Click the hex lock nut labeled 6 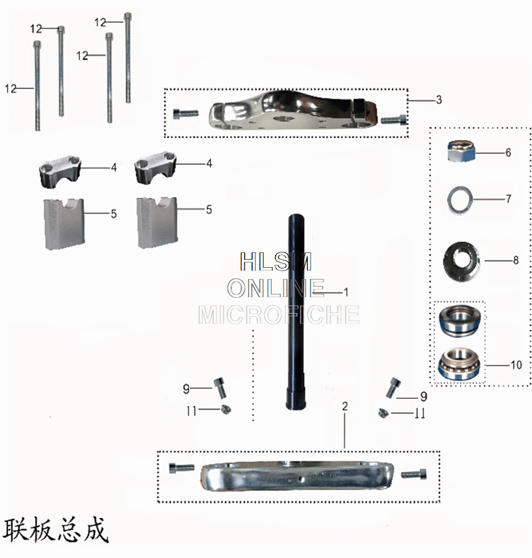pos(459,152)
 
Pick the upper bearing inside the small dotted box pos(460,322)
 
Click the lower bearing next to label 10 pos(460,364)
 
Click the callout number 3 pos(438,100)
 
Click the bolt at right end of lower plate pos(413,473)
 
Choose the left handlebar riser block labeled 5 pos(63,224)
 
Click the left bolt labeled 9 pos(220,387)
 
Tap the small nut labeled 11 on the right pos(383,413)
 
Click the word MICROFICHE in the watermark pos(278,315)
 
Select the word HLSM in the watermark pos(275,262)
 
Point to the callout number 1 pos(345,292)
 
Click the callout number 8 pos(515,261)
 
